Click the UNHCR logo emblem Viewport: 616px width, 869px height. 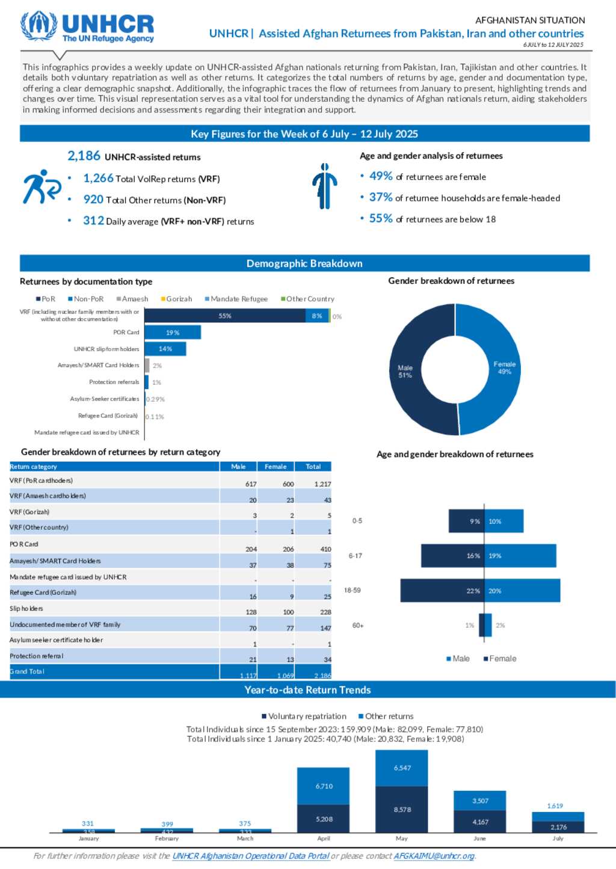tap(38, 26)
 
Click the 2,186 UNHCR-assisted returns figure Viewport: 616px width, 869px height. tap(84, 156)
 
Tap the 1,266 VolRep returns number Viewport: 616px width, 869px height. tap(99, 178)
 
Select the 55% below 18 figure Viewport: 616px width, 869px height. tap(381, 218)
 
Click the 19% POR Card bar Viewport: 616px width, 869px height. tap(173, 333)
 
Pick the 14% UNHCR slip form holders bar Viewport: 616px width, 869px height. tap(165, 349)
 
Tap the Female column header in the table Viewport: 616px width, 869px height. tap(276, 467)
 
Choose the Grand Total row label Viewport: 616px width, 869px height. tap(27, 672)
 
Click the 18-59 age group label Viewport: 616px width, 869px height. tap(353, 591)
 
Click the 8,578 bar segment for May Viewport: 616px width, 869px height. tap(402, 809)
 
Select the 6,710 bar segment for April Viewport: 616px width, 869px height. tap(324, 786)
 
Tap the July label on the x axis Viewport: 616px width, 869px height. tap(558, 838)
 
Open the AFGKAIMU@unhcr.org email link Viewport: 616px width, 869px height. tap(434, 856)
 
